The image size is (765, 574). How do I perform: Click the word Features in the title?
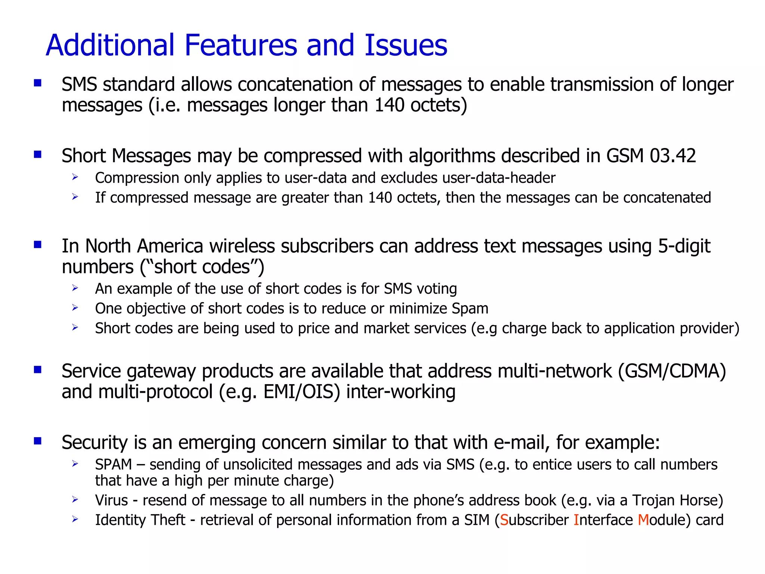click(241, 45)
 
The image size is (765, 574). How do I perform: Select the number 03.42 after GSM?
click(673, 155)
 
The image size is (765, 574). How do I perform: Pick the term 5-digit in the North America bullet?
click(684, 246)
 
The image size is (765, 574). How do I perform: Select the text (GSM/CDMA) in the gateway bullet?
click(672, 371)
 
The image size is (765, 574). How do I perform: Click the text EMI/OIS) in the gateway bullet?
click(302, 392)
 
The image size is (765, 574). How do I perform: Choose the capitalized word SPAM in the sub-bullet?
click(114, 465)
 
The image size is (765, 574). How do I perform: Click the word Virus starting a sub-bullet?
click(111, 500)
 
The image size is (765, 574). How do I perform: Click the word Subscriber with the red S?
click(534, 520)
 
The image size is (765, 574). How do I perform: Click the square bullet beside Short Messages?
click(38, 154)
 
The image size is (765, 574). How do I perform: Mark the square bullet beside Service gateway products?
click(38, 370)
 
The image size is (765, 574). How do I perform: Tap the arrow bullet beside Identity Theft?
click(75, 519)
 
